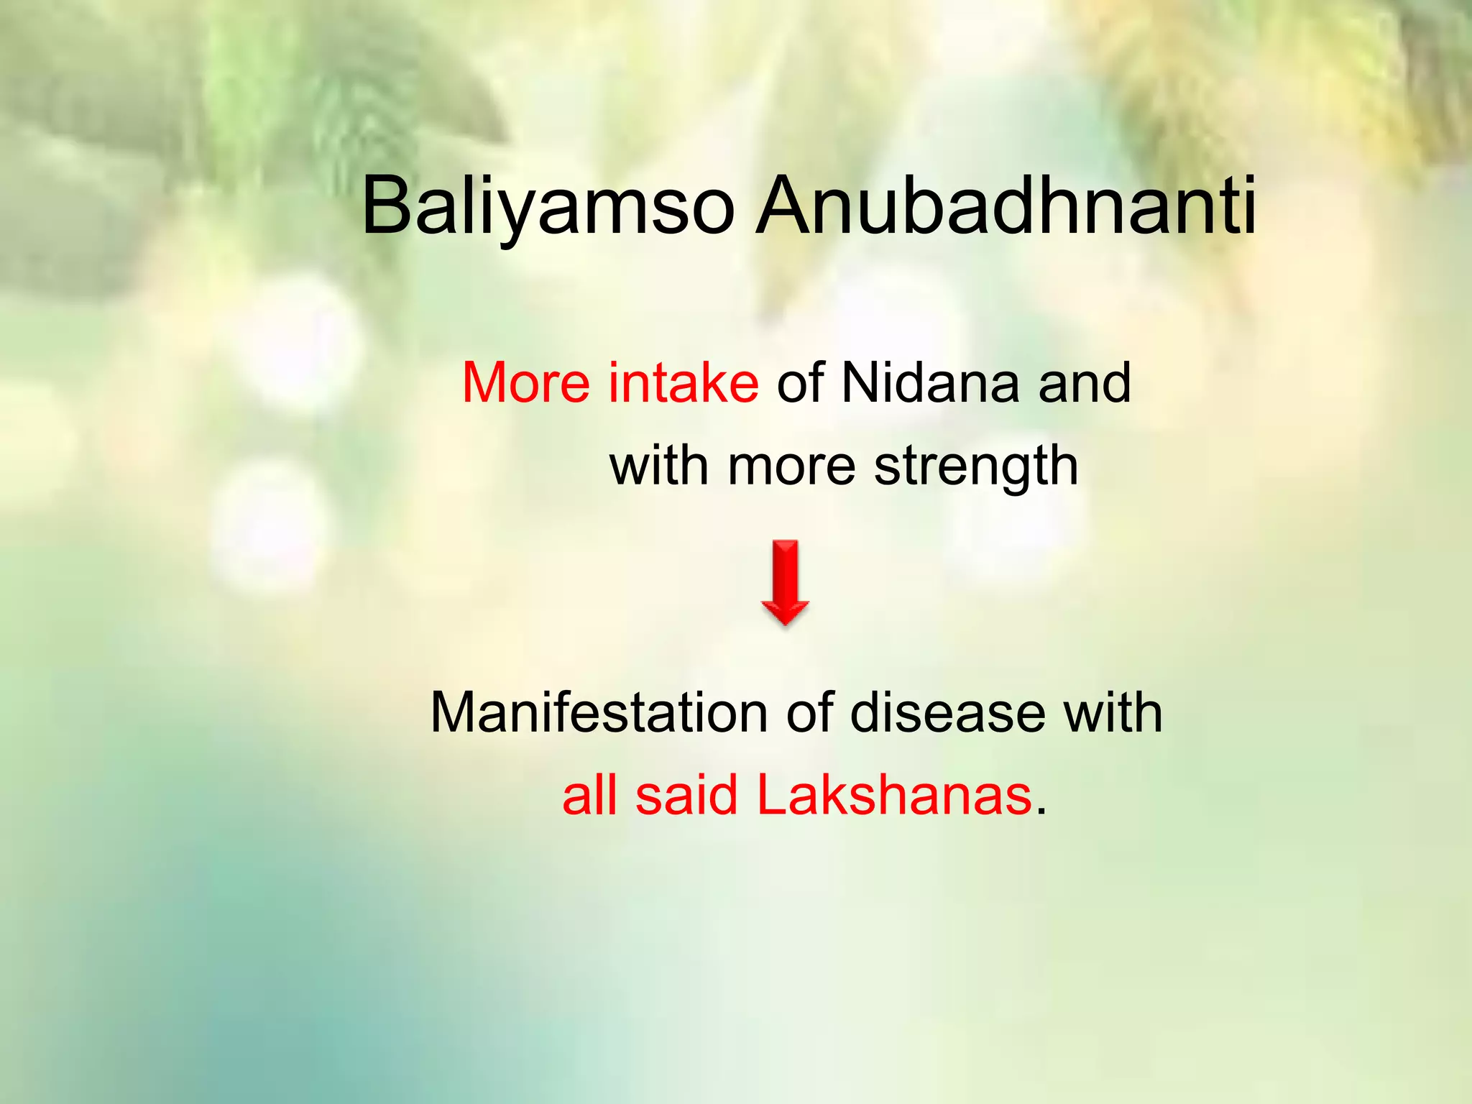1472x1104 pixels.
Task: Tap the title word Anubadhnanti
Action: click(x=1006, y=206)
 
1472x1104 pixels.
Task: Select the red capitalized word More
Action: click(x=527, y=382)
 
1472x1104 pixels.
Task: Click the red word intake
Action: click(x=683, y=382)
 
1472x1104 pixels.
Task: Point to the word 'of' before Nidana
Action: click(x=799, y=382)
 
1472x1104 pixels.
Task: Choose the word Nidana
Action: click(x=930, y=382)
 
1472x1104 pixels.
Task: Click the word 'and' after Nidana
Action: click(x=1085, y=382)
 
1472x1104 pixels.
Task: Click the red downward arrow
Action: click(x=785, y=582)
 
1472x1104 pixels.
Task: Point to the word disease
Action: click(x=947, y=713)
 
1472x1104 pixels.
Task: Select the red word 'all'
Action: click(x=589, y=796)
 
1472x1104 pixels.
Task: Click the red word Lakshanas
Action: click(x=894, y=796)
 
